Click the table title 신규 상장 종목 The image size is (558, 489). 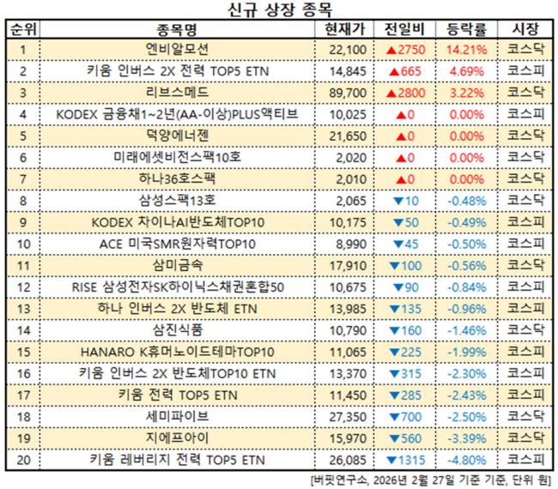click(x=279, y=10)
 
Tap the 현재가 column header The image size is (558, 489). click(x=347, y=29)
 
